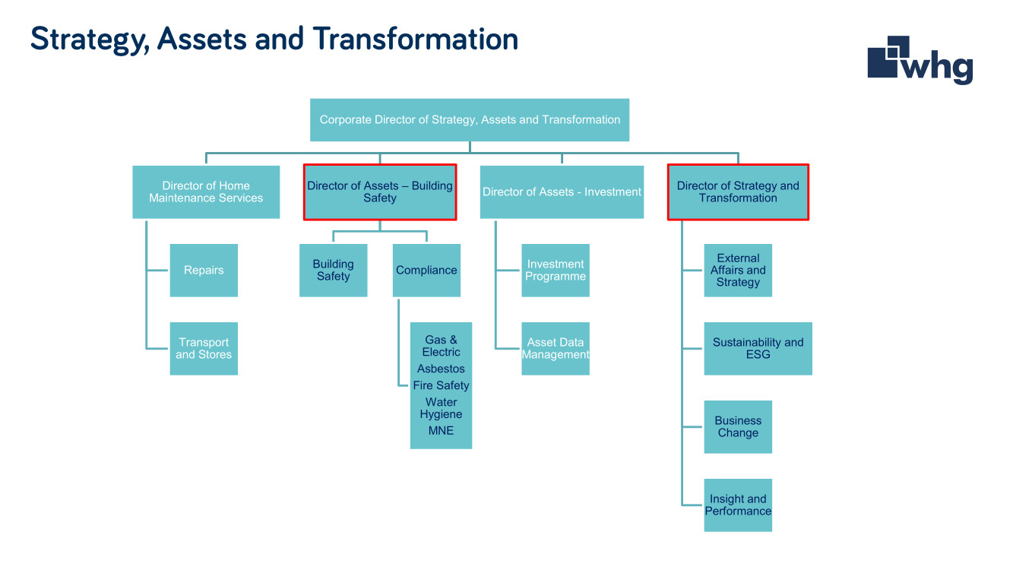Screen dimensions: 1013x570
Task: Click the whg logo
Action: click(x=920, y=60)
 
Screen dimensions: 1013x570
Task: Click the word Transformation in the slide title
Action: click(x=416, y=39)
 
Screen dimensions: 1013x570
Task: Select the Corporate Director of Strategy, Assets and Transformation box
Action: click(x=470, y=120)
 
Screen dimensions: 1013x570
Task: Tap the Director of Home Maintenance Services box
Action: click(x=206, y=192)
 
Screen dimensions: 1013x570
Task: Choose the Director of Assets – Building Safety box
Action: click(x=380, y=192)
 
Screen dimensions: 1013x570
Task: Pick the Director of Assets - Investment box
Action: click(x=562, y=192)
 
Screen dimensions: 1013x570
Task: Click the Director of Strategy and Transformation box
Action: click(x=738, y=192)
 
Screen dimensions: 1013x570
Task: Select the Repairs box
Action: click(x=204, y=270)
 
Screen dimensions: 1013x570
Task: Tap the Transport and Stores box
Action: click(x=204, y=348)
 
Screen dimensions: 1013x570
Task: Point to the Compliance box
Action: click(x=426, y=270)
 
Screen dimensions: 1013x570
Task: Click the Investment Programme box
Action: click(x=556, y=270)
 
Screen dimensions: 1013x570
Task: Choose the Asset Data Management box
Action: click(x=556, y=348)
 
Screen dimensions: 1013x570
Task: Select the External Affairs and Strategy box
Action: click(x=738, y=270)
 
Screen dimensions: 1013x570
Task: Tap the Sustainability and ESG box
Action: click(x=758, y=348)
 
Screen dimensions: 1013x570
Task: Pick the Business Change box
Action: click(x=738, y=426)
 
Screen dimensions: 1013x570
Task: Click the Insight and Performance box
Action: click(x=738, y=505)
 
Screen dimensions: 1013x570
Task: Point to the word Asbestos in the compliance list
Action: click(x=441, y=369)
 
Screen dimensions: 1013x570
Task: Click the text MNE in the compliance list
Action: click(x=441, y=431)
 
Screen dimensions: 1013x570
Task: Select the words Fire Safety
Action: click(x=441, y=385)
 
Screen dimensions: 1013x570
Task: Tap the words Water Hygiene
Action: click(x=441, y=408)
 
